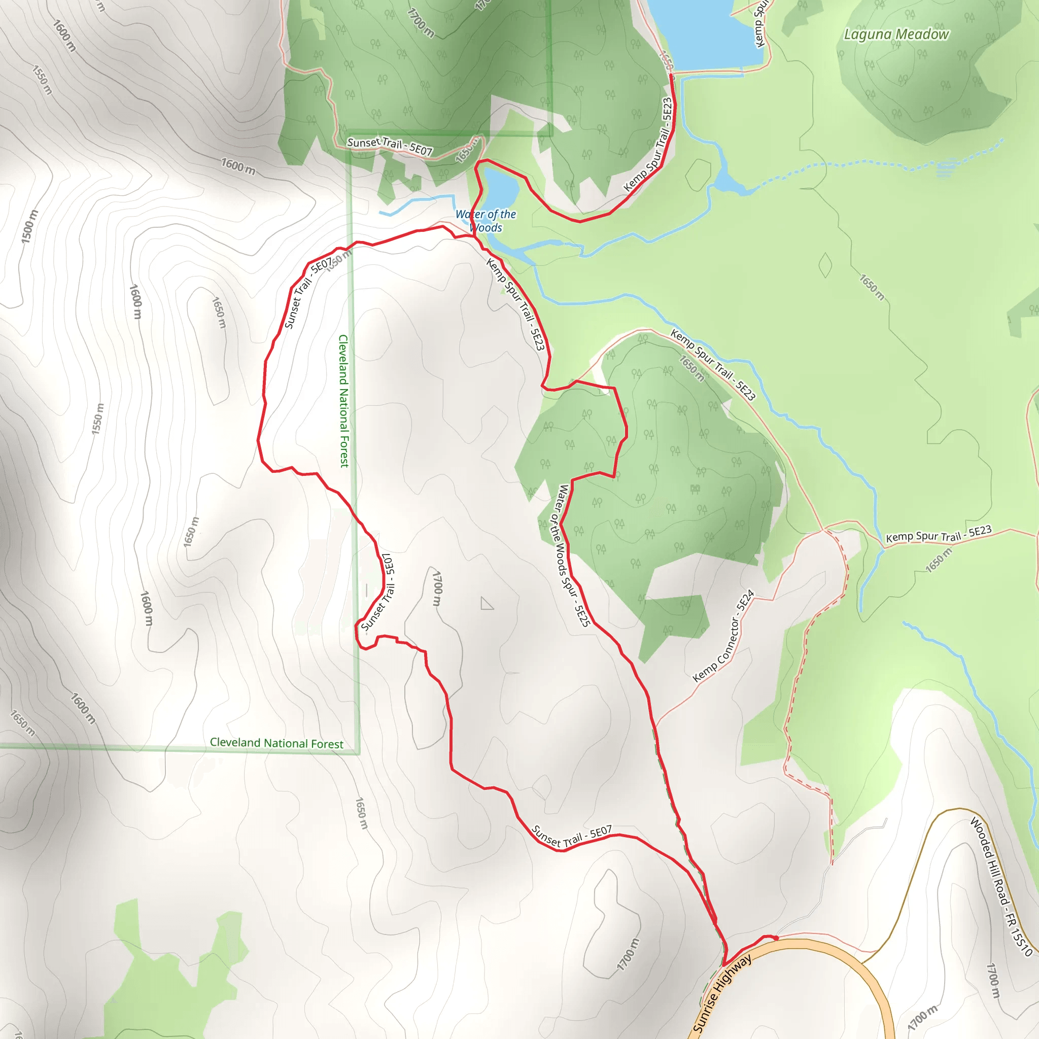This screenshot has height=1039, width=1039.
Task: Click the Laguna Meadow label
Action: pyautogui.click(x=896, y=34)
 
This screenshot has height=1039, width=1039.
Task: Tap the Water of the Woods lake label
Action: pyautogui.click(x=486, y=221)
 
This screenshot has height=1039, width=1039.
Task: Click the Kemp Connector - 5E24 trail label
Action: pyautogui.click(x=723, y=637)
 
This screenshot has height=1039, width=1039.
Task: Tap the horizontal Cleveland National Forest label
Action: pyautogui.click(x=276, y=743)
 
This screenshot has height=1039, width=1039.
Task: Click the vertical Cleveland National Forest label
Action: pyautogui.click(x=343, y=401)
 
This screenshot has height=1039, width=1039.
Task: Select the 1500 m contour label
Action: pyautogui.click(x=29, y=226)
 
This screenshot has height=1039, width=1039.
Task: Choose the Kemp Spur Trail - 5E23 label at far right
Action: pyautogui.click(x=939, y=534)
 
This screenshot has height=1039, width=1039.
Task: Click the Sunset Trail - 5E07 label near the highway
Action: pyautogui.click(x=571, y=836)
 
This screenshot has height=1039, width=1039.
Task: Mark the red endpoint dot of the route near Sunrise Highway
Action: pyautogui.click(x=775, y=938)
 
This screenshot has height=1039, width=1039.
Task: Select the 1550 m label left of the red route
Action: pyautogui.click(x=97, y=419)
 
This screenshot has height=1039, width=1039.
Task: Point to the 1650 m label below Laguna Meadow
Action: pyautogui.click(x=871, y=288)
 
